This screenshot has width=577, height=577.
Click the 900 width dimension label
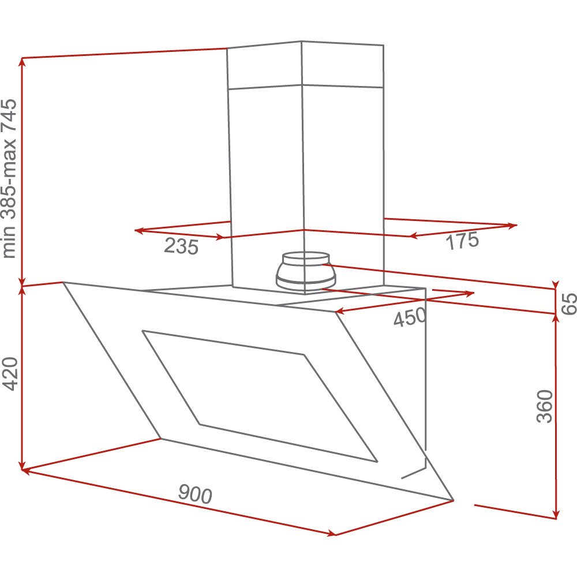[x=195, y=494]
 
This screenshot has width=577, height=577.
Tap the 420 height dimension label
[x=10, y=373]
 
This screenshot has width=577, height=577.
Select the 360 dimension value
[x=545, y=406]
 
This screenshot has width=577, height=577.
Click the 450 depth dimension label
[x=410, y=317]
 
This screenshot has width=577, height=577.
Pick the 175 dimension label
[x=462, y=241]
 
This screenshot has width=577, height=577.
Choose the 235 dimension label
[x=181, y=246]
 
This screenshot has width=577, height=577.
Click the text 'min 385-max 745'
[x=9, y=178]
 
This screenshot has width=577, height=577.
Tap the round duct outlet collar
[x=306, y=271]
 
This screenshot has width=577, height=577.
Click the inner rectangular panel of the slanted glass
[x=260, y=396]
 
